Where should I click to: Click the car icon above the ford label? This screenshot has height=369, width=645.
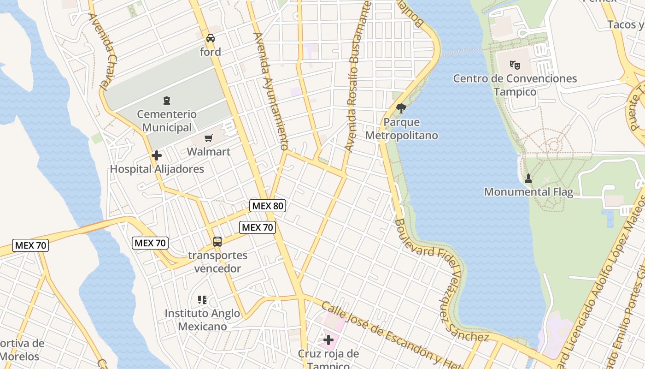pyautogui.click(x=211, y=38)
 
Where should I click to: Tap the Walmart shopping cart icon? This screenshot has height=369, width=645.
pyautogui.click(x=209, y=138)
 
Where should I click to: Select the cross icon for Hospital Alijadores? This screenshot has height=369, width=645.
pyautogui.click(x=157, y=155)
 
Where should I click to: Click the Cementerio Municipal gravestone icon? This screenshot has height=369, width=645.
pyautogui.click(x=167, y=101)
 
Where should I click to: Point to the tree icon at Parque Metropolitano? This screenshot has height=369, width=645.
pyautogui.click(x=401, y=108)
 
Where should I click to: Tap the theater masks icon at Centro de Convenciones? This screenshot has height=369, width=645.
pyautogui.click(x=515, y=65)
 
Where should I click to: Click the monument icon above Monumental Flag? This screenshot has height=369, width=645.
pyautogui.click(x=528, y=178)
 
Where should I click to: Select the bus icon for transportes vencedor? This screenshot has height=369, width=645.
pyautogui.click(x=217, y=241)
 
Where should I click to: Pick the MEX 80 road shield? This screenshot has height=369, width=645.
pyautogui.click(x=268, y=206)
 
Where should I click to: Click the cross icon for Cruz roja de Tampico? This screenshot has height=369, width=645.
pyautogui.click(x=328, y=340)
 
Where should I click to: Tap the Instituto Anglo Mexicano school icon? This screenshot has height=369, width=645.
pyautogui.click(x=202, y=300)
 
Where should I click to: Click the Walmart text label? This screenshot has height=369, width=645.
pyautogui.click(x=209, y=151)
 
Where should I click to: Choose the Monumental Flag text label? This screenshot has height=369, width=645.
pyautogui.click(x=528, y=192)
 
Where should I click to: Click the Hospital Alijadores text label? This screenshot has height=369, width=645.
pyautogui.click(x=157, y=169)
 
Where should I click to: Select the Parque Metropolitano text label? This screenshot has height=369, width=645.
pyautogui.click(x=401, y=129)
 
